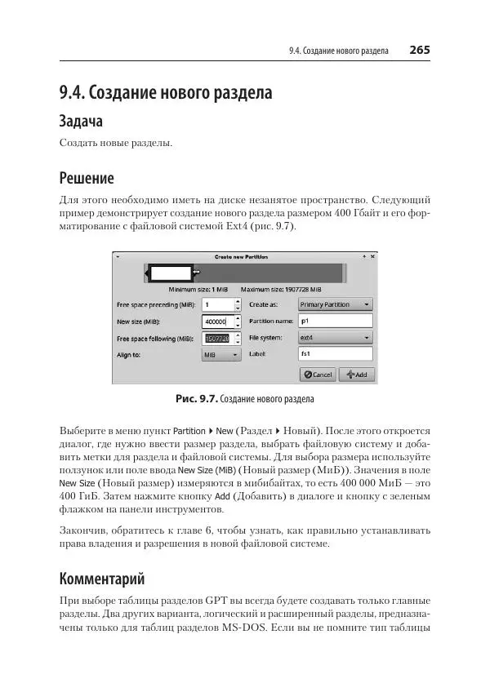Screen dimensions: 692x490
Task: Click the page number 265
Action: [x=420, y=50]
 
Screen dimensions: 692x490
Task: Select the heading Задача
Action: [x=81, y=122]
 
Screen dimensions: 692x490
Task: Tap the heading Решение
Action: [x=87, y=177]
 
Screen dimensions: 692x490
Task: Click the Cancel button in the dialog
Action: [x=318, y=374]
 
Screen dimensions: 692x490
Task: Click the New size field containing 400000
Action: [x=216, y=322]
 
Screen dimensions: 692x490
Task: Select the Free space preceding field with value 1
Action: [x=216, y=304]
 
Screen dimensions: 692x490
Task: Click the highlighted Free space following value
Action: [x=216, y=338]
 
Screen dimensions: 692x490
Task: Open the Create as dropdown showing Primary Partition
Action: [x=335, y=304]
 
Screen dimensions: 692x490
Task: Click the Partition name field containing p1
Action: [x=335, y=322]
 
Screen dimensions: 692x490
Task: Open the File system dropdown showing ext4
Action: [x=335, y=338]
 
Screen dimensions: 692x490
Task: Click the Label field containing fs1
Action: [x=335, y=355]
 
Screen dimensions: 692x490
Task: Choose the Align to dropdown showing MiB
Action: [x=221, y=355]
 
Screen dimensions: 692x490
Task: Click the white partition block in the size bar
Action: [x=169, y=273]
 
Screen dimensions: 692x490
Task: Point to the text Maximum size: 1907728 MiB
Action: [x=281, y=290]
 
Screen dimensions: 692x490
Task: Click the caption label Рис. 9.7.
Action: [x=196, y=400]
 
